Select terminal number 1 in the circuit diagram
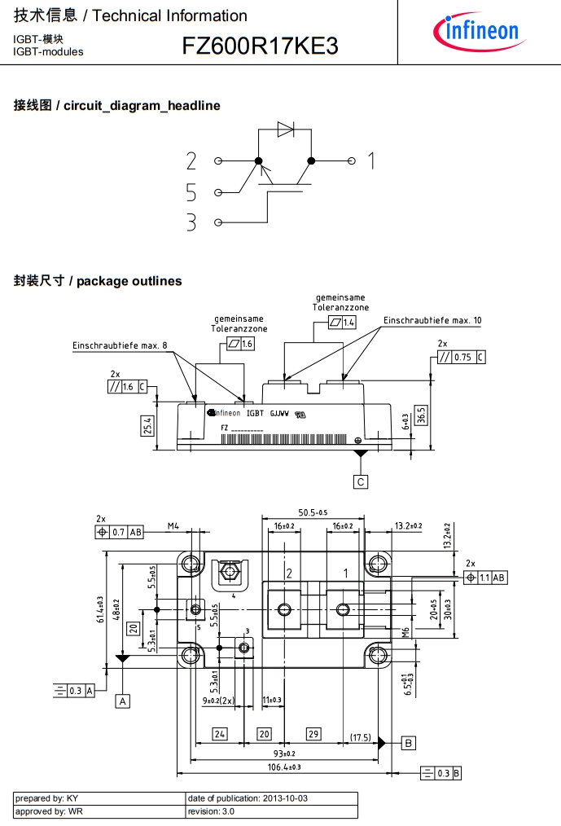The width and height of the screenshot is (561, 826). tap(370, 160)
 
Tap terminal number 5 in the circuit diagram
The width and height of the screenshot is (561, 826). tap(191, 192)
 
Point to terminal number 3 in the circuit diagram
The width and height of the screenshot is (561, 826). tap(191, 222)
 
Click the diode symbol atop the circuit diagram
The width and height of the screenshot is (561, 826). tap(285, 128)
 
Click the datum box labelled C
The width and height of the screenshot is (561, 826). tap(361, 481)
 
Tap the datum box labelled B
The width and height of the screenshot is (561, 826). tap(409, 742)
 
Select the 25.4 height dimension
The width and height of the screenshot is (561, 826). tap(147, 425)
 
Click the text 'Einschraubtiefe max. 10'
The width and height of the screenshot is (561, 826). tap(432, 321)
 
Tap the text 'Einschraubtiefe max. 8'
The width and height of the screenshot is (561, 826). tap(120, 345)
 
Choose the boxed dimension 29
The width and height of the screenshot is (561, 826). tap(313, 734)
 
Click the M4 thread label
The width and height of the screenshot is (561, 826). tap(173, 526)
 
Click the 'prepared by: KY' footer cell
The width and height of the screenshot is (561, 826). tap(99, 798)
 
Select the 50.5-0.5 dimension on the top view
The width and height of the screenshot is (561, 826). tap(313, 512)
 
